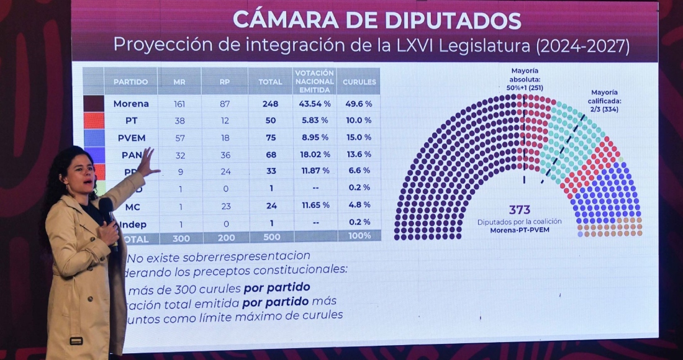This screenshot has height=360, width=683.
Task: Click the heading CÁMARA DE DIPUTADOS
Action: point(377,20)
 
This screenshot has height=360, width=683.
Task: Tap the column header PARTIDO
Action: point(130,82)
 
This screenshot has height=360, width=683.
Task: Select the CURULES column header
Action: point(359,82)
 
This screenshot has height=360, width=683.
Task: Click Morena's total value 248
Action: point(270,104)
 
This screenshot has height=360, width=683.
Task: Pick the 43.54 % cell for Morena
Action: point(314,104)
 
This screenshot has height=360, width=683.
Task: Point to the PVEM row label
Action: point(131,137)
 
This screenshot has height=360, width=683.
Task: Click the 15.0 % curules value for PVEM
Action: point(359,137)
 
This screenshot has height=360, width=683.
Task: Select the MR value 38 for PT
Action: point(179,120)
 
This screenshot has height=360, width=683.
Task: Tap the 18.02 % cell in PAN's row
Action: point(314,154)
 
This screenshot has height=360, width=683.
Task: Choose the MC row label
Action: point(132,205)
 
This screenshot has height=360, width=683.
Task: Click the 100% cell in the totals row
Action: point(360,236)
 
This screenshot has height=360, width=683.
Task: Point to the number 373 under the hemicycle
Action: point(520,210)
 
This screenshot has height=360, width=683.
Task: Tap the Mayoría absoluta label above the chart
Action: point(525,79)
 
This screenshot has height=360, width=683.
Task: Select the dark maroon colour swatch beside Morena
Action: point(94,103)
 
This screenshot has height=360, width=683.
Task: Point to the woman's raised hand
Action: point(147,163)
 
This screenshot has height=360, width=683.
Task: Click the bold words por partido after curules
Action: point(277,287)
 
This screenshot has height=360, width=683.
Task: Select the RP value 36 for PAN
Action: point(225,154)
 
